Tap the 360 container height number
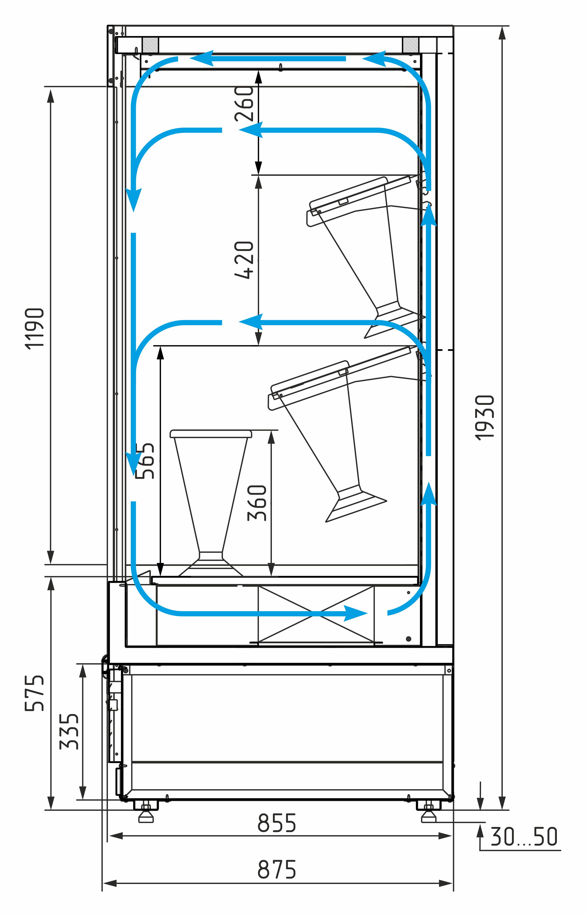tap(257, 503)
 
